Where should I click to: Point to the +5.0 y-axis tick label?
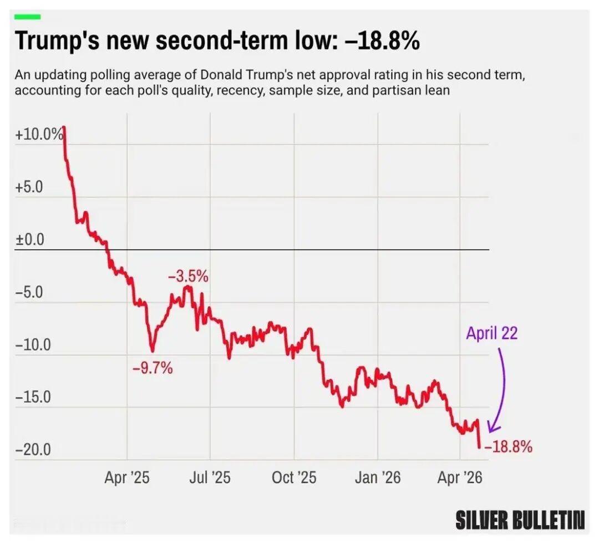(29, 187)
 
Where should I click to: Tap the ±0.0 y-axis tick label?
(29, 240)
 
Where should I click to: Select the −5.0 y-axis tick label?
(29, 293)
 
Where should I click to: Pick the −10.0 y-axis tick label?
(33, 345)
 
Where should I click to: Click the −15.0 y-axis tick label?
(33, 398)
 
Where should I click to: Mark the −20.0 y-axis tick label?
(33, 450)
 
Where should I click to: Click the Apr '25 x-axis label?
(126, 477)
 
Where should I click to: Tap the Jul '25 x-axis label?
(210, 477)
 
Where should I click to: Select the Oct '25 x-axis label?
(293, 477)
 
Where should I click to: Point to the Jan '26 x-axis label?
(377, 477)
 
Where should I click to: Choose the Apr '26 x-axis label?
(460, 477)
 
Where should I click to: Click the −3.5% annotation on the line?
(188, 276)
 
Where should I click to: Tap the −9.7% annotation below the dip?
(153, 367)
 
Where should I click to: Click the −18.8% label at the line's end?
(509, 446)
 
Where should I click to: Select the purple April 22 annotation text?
(491, 333)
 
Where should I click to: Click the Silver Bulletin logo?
(520, 520)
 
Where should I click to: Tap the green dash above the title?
(28, 17)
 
